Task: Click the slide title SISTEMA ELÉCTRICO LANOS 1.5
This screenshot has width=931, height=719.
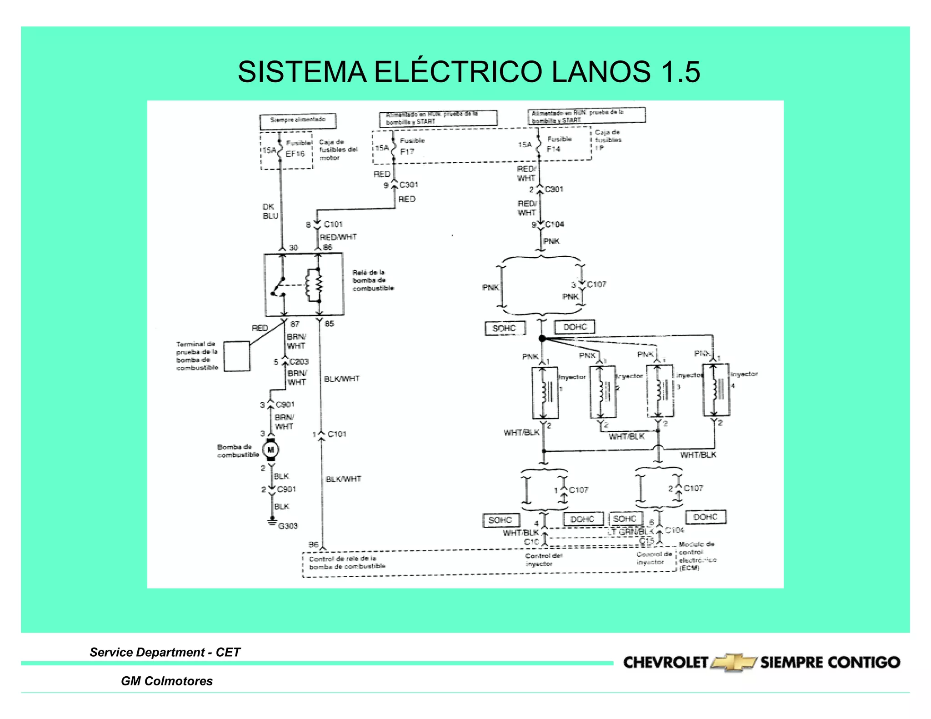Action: click(x=468, y=72)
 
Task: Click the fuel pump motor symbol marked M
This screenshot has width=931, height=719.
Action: click(x=271, y=450)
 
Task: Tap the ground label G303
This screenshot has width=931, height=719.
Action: click(x=288, y=526)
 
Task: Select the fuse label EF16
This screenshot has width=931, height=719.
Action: click(x=295, y=154)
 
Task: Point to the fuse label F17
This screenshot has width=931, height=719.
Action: click(x=407, y=151)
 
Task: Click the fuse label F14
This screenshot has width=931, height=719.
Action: click(x=553, y=149)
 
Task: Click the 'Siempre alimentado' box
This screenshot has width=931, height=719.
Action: click(x=298, y=121)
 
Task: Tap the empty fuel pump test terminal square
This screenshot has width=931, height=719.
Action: click(x=237, y=356)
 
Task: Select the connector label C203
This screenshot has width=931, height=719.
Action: click(x=299, y=362)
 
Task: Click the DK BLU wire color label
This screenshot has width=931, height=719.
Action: click(x=270, y=211)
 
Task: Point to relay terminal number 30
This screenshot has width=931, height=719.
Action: click(x=294, y=248)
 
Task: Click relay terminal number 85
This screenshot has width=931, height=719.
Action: click(x=329, y=324)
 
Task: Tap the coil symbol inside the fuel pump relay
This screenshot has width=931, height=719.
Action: click(x=314, y=285)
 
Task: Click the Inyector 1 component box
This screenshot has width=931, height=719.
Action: click(x=545, y=393)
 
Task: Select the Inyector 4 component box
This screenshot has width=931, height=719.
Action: click(x=716, y=390)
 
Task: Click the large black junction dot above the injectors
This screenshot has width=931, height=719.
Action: click(x=542, y=338)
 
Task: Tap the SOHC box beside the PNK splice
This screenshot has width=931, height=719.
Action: click(x=504, y=328)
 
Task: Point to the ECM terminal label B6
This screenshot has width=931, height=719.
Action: click(x=313, y=544)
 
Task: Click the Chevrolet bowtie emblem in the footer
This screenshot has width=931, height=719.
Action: click(x=733, y=663)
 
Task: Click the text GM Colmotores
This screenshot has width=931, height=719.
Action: click(x=166, y=681)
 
